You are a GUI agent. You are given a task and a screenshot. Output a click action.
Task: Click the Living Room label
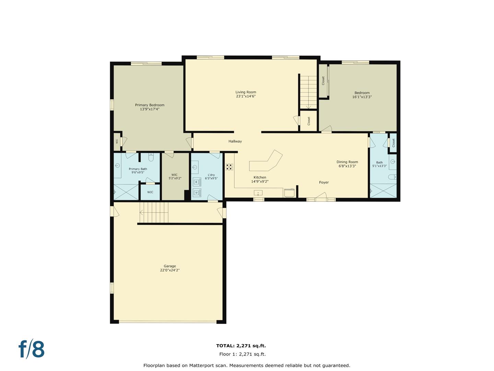(246, 92)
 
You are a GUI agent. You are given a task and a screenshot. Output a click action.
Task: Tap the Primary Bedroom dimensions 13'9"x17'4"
(150, 109)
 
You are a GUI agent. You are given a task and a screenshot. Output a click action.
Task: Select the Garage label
(169, 266)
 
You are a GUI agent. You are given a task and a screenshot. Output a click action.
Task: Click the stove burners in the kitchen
(229, 167)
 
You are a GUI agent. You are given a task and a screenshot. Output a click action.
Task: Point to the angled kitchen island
(266, 162)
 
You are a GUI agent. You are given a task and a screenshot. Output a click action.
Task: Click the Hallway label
(235, 141)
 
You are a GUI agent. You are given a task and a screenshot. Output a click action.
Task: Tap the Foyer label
(324, 182)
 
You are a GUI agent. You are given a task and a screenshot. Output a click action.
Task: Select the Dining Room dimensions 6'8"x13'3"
(347, 166)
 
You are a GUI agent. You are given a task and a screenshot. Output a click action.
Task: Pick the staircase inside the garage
(154, 212)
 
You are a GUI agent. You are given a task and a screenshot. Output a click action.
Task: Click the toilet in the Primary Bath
(151, 158)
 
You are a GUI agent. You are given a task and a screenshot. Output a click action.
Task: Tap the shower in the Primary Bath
(126, 192)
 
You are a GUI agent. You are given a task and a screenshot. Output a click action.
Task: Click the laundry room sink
(195, 168)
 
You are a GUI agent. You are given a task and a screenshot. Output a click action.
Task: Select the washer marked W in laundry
(197, 181)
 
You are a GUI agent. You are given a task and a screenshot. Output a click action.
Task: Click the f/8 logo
(32, 349)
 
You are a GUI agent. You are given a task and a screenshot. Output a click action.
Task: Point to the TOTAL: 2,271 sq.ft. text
(241, 346)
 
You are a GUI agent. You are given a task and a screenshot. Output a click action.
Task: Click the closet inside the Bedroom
(323, 81)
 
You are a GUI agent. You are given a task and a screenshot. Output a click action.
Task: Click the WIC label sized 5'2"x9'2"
(175, 177)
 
